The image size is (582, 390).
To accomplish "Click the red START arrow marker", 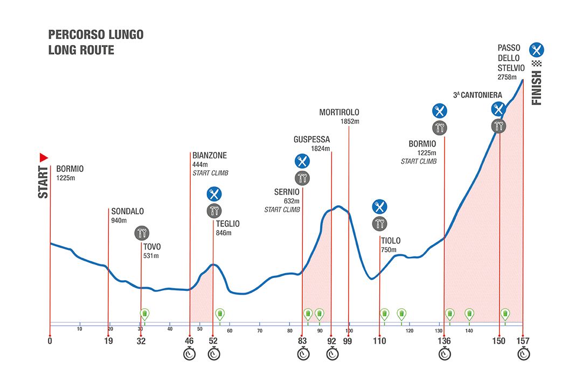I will click(44, 157).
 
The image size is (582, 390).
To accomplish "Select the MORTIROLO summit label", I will click(339, 112).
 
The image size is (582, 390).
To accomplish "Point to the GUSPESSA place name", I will click(311, 140).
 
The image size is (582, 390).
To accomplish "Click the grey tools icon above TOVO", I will click(142, 233).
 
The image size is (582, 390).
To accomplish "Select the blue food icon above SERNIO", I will click(302, 161).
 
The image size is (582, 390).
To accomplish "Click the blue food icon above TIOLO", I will click(380, 206).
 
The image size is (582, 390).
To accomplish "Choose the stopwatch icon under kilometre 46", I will click(189, 354).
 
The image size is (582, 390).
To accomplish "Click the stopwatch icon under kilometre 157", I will click(523, 354).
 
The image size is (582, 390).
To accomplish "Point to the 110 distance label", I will click(380, 340).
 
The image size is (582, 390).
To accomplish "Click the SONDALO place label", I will click(127, 211).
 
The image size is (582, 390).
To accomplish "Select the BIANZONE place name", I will click(210, 156).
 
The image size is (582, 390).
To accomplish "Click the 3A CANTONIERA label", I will click(477, 95).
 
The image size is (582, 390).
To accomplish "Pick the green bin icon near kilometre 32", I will click(144, 314).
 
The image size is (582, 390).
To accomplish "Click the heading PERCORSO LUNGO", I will click(96, 35).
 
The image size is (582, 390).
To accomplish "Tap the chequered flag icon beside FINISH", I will click(536, 64).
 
